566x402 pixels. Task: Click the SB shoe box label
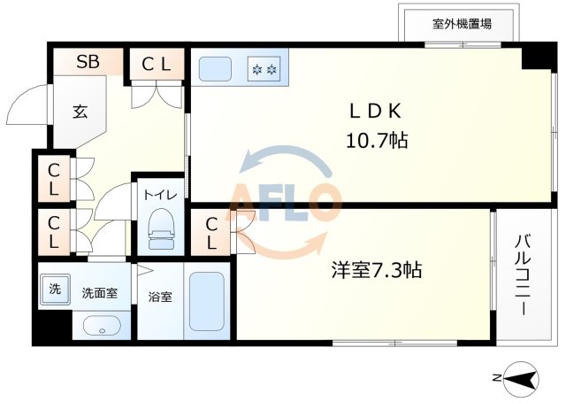click(87, 62)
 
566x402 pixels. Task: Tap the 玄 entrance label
click(80, 112)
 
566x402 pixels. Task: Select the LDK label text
click(376, 111)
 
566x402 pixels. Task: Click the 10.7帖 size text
click(377, 140)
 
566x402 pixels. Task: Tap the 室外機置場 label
click(462, 24)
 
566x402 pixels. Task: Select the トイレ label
click(161, 195)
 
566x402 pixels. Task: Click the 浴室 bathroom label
click(160, 297)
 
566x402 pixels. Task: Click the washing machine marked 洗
click(55, 289)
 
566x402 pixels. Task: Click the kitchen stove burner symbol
click(264, 67)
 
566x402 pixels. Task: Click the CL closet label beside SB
click(157, 63)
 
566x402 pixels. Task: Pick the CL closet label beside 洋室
click(211, 233)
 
